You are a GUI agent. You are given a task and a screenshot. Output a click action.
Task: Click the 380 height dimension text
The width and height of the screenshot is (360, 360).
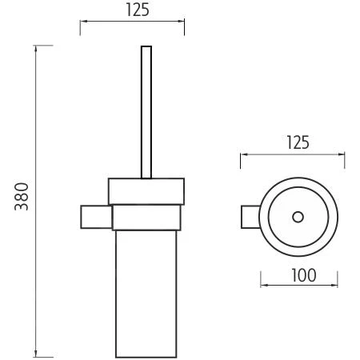pyautogui.click(x=22, y=197)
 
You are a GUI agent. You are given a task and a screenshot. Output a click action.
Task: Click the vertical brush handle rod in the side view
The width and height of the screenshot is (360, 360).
pyautogui.click(x=146, y=112)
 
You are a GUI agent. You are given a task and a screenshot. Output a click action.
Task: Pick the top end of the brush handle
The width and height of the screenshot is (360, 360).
pyautogui.click(x=146, y=48)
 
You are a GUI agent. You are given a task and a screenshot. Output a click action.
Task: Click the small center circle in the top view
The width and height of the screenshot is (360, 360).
pyautogui.click(x=298, y=217)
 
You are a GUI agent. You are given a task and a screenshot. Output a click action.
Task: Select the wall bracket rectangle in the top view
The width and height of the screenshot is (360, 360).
pyautogui.click(x=250, y=217)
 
